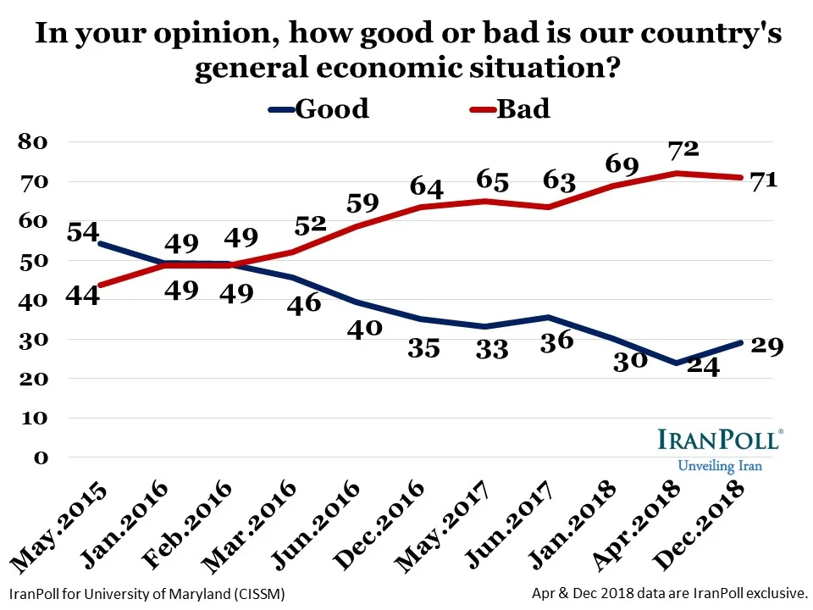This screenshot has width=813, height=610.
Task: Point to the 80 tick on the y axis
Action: coord(35,141)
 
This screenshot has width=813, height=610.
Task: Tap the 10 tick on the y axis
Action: coord(35,419)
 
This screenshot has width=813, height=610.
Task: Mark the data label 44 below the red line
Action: coord(83,297)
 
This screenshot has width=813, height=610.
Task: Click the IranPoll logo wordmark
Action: coord(720,441)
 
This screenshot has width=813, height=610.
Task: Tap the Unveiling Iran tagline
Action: coord(720,466)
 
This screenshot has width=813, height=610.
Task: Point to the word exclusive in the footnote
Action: coord(774,595)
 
